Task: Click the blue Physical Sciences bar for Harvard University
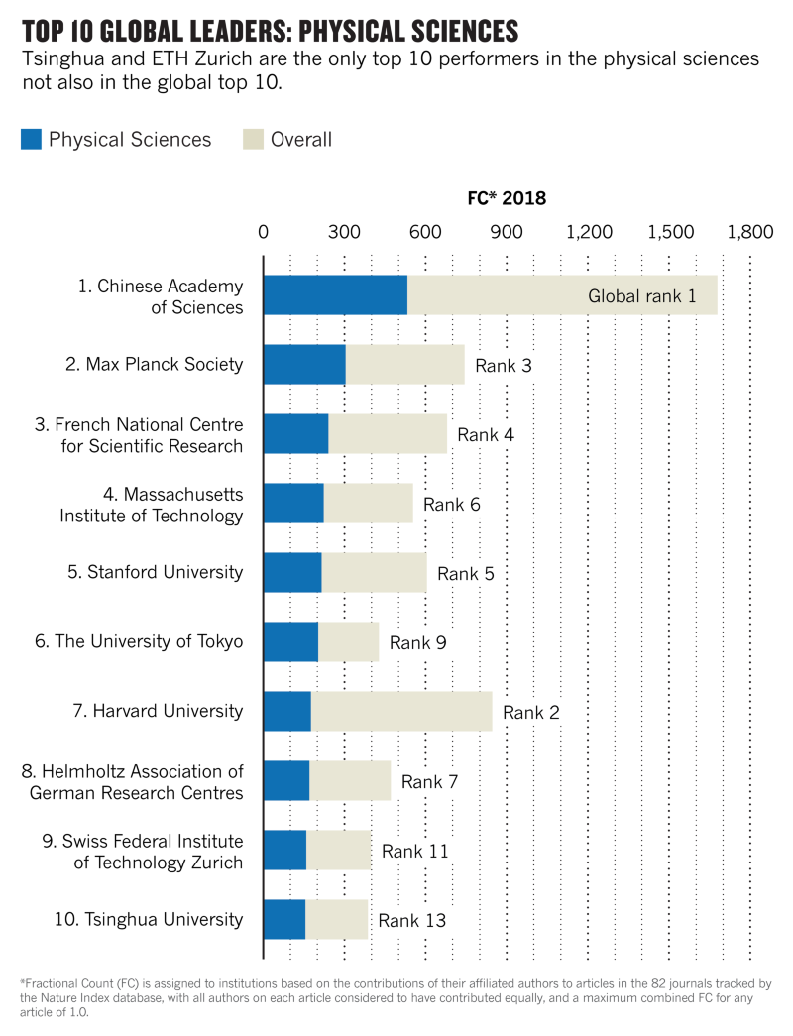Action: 287,712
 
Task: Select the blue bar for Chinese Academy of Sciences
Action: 335,295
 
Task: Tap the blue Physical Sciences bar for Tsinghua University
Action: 284,919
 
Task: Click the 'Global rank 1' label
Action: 642,295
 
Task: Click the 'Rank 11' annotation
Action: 415,851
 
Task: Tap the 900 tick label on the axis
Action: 507,233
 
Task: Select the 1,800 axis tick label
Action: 749,233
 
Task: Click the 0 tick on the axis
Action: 263,233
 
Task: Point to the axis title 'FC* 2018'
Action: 507,198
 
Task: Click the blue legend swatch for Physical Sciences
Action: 31,140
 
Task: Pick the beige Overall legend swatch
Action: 253,140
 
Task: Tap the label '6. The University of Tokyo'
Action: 139,641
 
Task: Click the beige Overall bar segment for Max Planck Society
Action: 404,365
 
